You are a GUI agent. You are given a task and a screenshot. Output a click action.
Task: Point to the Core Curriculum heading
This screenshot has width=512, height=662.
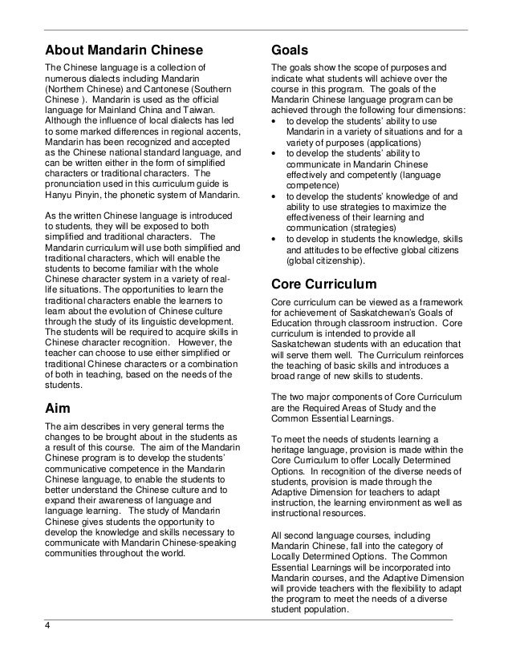323,283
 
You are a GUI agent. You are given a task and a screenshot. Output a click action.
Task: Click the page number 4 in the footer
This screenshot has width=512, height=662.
47,627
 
